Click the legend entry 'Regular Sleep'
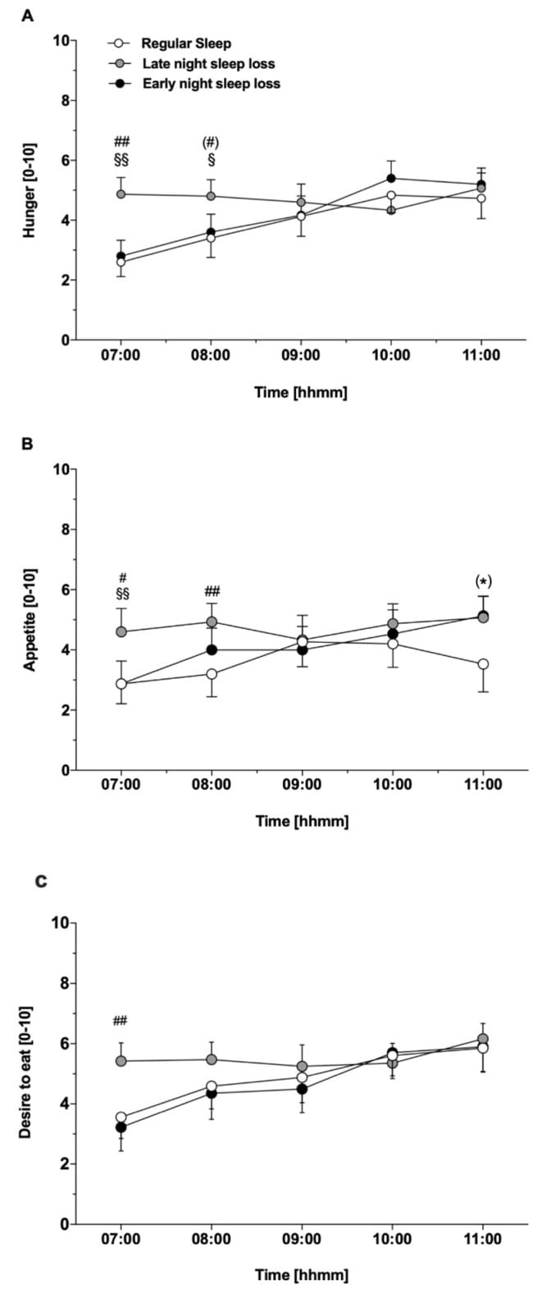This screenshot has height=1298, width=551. pos(186,43)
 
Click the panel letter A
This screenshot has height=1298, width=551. pos(28,14)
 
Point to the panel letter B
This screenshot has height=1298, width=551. pos(28,444)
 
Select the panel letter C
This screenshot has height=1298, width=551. pos(28,881)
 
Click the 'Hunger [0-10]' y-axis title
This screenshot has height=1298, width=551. pos(30,189)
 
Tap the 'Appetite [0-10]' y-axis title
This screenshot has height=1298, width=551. pos(30,619)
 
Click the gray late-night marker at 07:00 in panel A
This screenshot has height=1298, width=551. pos(121,194)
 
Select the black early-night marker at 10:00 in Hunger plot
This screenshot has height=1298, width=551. pos(391,178)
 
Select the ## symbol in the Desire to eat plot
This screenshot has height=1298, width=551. pos(121,1021)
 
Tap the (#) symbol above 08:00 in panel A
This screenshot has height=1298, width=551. pos(211,143)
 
